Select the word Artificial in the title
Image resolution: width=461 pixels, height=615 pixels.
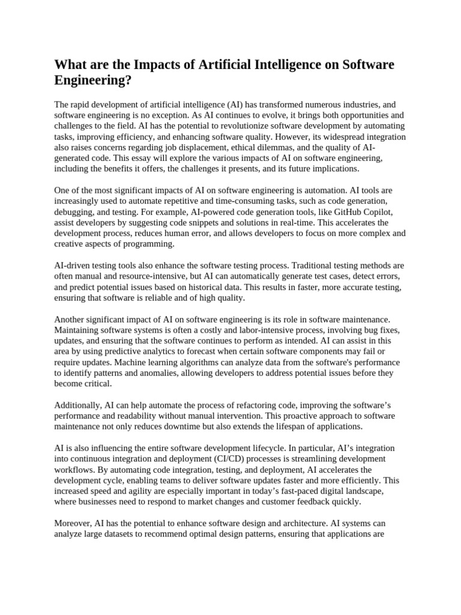pos(214,65)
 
